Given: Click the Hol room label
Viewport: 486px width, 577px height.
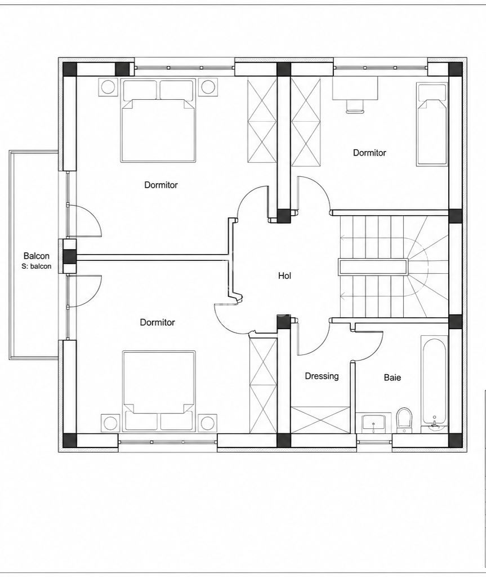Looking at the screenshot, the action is click(x=285, y=276).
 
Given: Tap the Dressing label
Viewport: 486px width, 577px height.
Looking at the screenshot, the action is click(x=322, y=376).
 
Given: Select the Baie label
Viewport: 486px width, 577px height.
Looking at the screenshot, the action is click(x=392, y=377).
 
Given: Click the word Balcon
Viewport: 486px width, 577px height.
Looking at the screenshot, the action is click(x=37, y=256).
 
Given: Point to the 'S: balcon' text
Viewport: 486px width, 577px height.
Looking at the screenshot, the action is click(x=37, y=266).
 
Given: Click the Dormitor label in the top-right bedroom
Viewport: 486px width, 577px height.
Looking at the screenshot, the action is click(x=369, y=153).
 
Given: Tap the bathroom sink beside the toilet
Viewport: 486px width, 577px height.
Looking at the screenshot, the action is click(x=374, y=423).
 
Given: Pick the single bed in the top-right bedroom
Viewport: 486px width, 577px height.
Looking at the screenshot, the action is click(x=433, y=124).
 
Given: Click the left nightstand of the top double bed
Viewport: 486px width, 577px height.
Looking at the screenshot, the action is click(x=109, y=87).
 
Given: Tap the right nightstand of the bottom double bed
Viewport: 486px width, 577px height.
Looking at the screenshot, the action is click(x=207, y=423).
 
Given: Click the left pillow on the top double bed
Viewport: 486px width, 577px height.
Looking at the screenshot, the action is click(x=140, y=90).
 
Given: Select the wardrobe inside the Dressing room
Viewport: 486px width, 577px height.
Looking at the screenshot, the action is click(x=320, y=420).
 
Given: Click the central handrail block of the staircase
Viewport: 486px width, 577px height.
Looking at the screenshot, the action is click(x=373, y=267).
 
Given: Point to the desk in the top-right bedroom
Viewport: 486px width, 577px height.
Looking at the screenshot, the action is click(x=355, y=88).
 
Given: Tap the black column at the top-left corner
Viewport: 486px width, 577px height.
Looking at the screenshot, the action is click(x=69, y=69).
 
